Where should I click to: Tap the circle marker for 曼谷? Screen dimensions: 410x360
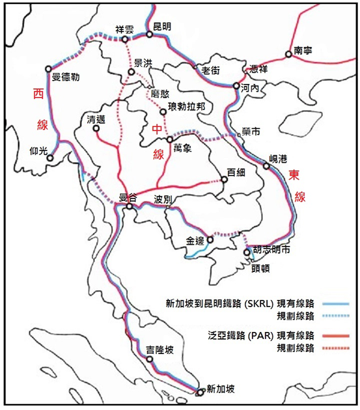coord(130,207)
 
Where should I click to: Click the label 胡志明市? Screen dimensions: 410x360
coord(271,249)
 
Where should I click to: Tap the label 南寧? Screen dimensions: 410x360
coord(303,49)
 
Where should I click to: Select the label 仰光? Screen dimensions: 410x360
coord(39,150)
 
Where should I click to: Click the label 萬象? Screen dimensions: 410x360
coord(182,148)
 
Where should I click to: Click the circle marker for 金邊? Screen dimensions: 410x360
coord(210,239)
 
